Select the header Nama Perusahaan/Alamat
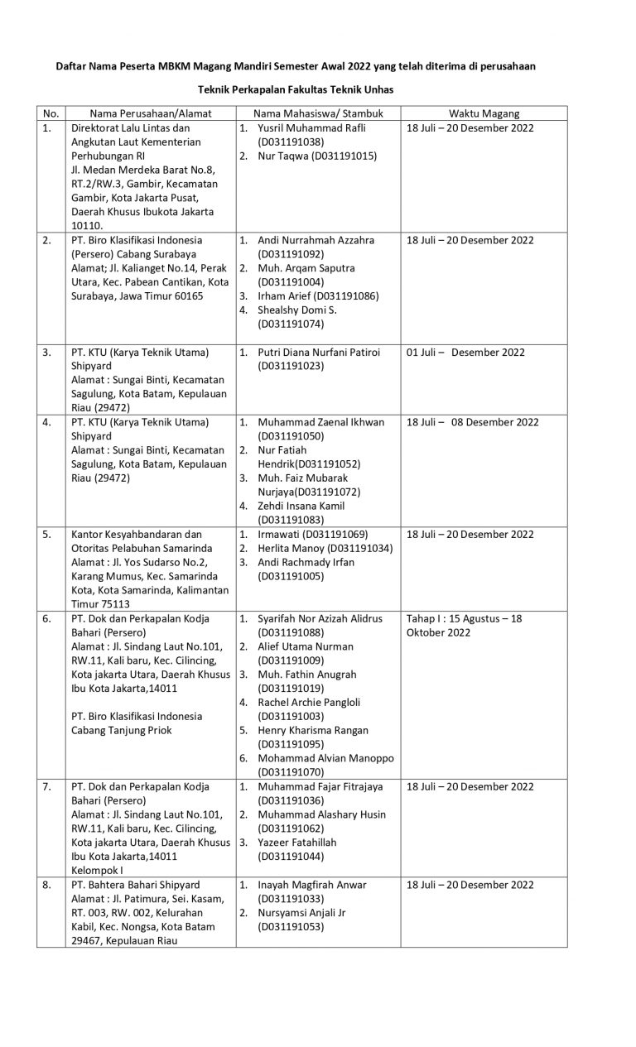click(x=139, y=113)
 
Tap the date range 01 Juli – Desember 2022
click(x=465, y=352)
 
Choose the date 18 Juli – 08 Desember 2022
click(x=472, y=422)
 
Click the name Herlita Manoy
click(x=291, y=548)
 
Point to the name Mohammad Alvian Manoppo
click(x=325, y=758)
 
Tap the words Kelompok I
click(x=99, y=871)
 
